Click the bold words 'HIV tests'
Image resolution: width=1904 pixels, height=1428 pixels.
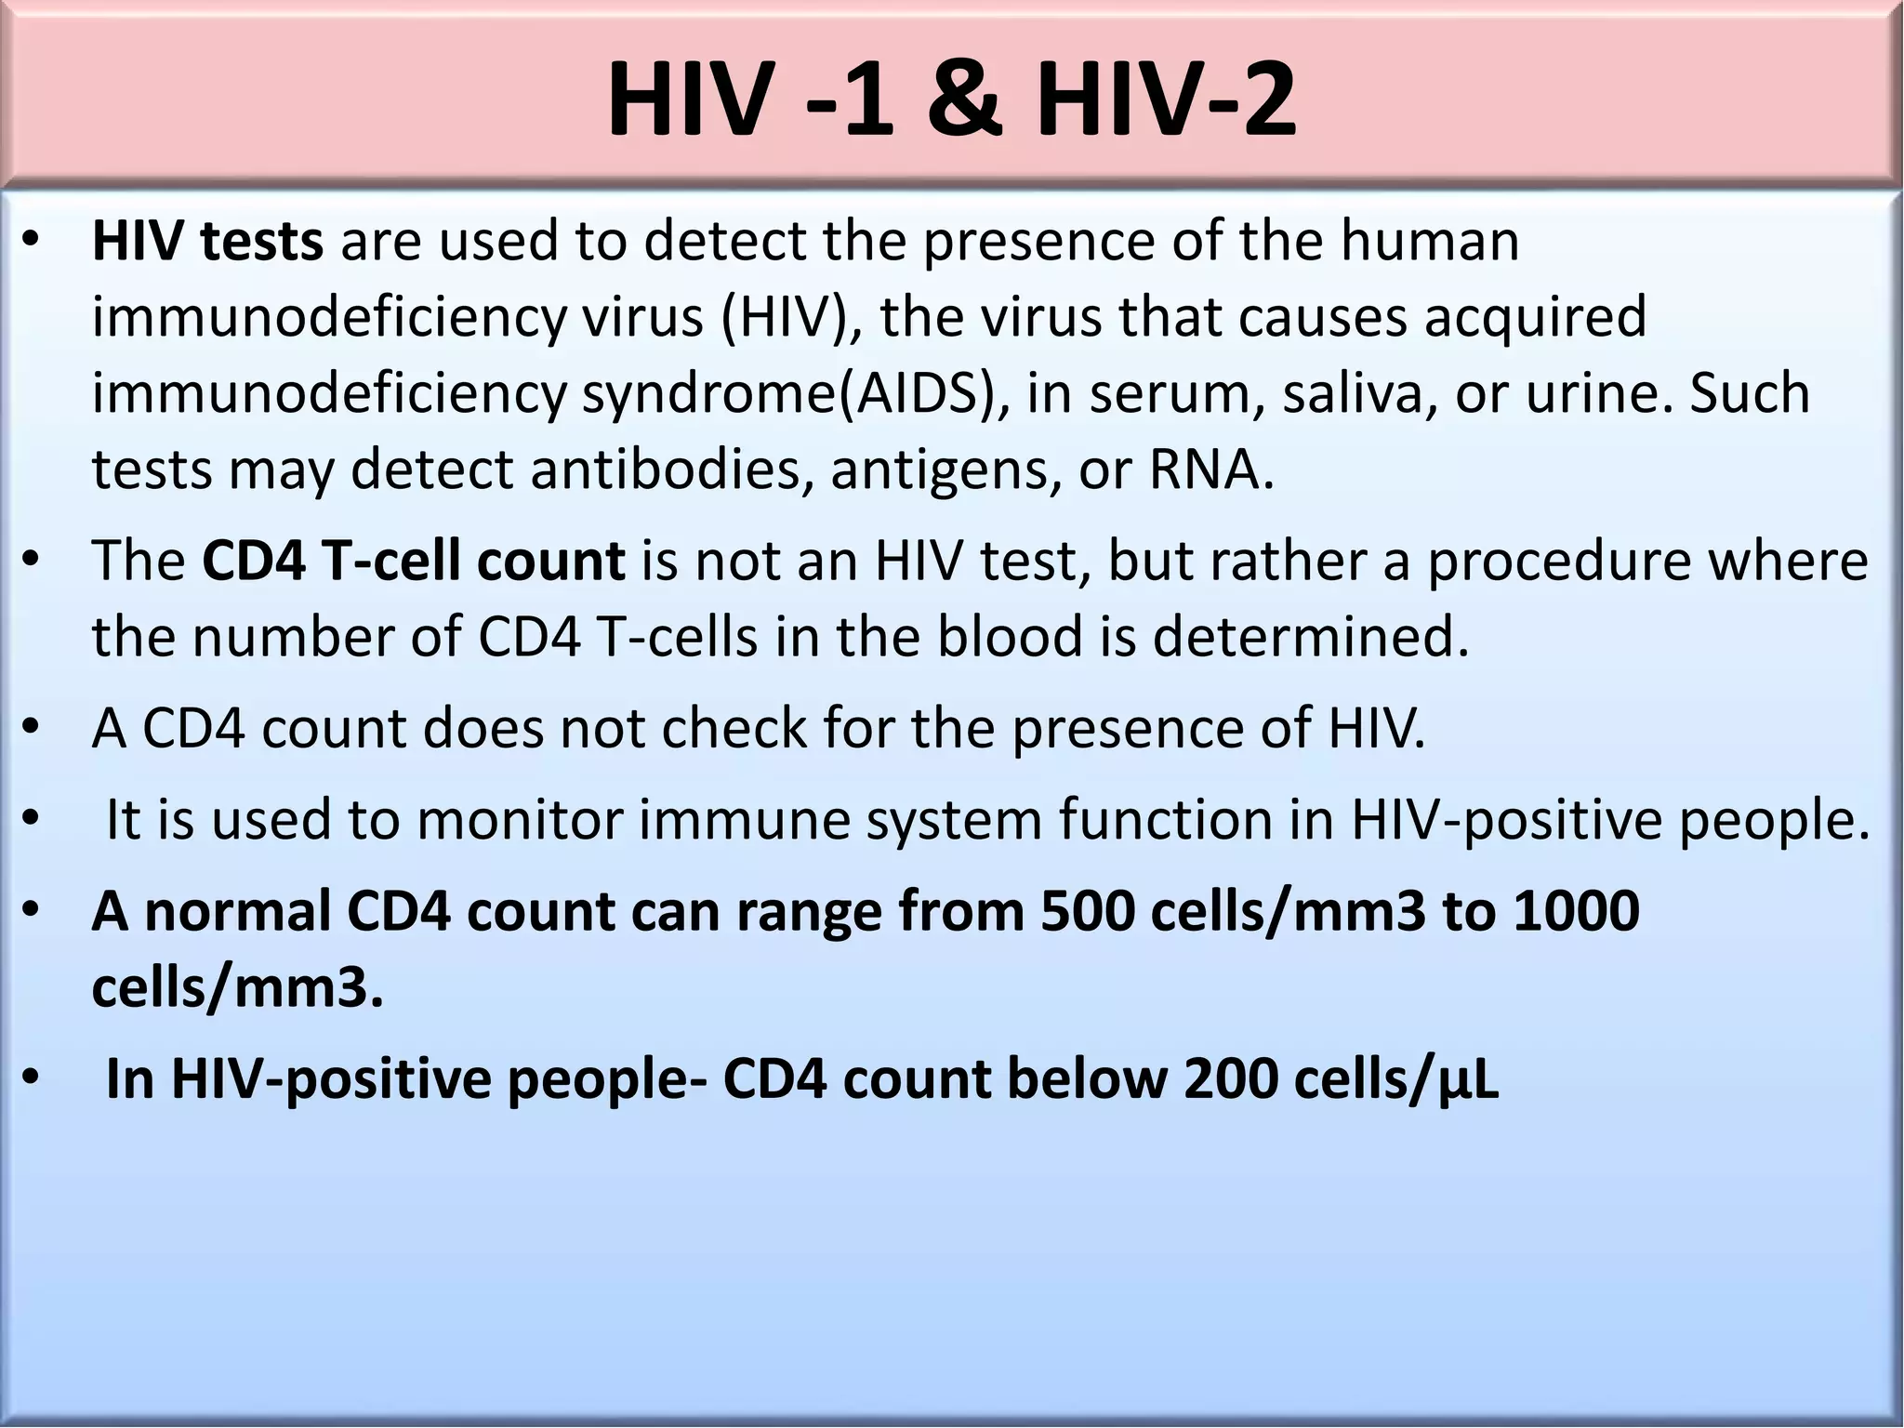click(x=207, y=241)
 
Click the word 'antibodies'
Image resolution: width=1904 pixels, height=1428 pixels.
click(x=667, y=469)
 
